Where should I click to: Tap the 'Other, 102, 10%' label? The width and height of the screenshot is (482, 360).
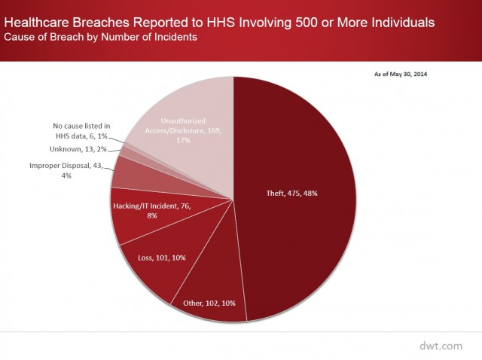[x=209, y=304]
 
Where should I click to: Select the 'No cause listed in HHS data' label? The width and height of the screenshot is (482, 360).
[x=81, y=130]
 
